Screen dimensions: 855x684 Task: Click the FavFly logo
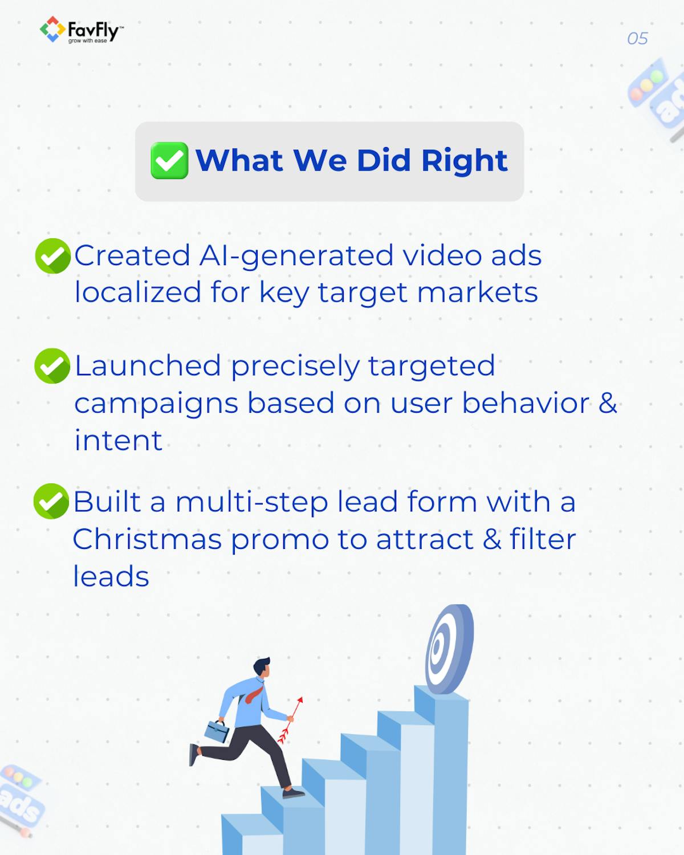pyautogui.click(x=81, y=30)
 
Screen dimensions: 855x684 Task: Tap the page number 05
pyautogui.click(x=637, y=39)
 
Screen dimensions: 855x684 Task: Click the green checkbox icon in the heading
pyautogui.click(x=169, y=161)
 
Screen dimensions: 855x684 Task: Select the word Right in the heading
pyautogui.click(x=464, y=161)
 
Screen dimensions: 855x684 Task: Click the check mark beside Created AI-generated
pyautogui.click(x=53, y=256)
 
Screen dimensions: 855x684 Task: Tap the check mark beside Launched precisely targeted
pyautogui.click(x=52, y=366)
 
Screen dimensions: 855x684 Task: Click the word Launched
pyautogui.click(x=148, y=366)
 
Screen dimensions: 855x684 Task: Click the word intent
pyautogui.click(x=118, y=441)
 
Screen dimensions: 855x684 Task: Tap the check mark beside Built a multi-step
pyautogui.click(x=51, y=501)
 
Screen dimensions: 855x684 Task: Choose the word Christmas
pyautogui.click(x=147, y=539)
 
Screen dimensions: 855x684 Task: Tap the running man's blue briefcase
pyautogui.click(x=216, y=731)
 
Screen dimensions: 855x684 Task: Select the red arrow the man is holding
pyautogui.click(x=291, y=719)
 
